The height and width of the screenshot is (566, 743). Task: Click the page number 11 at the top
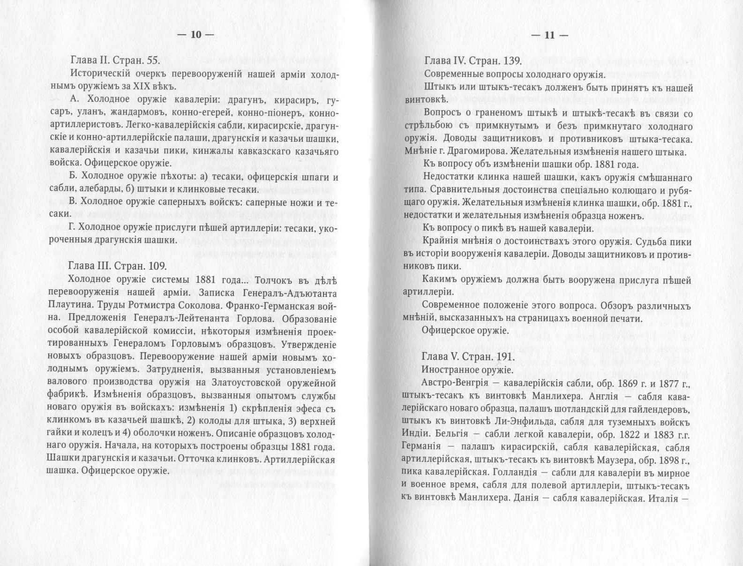[x=549, y=35]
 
